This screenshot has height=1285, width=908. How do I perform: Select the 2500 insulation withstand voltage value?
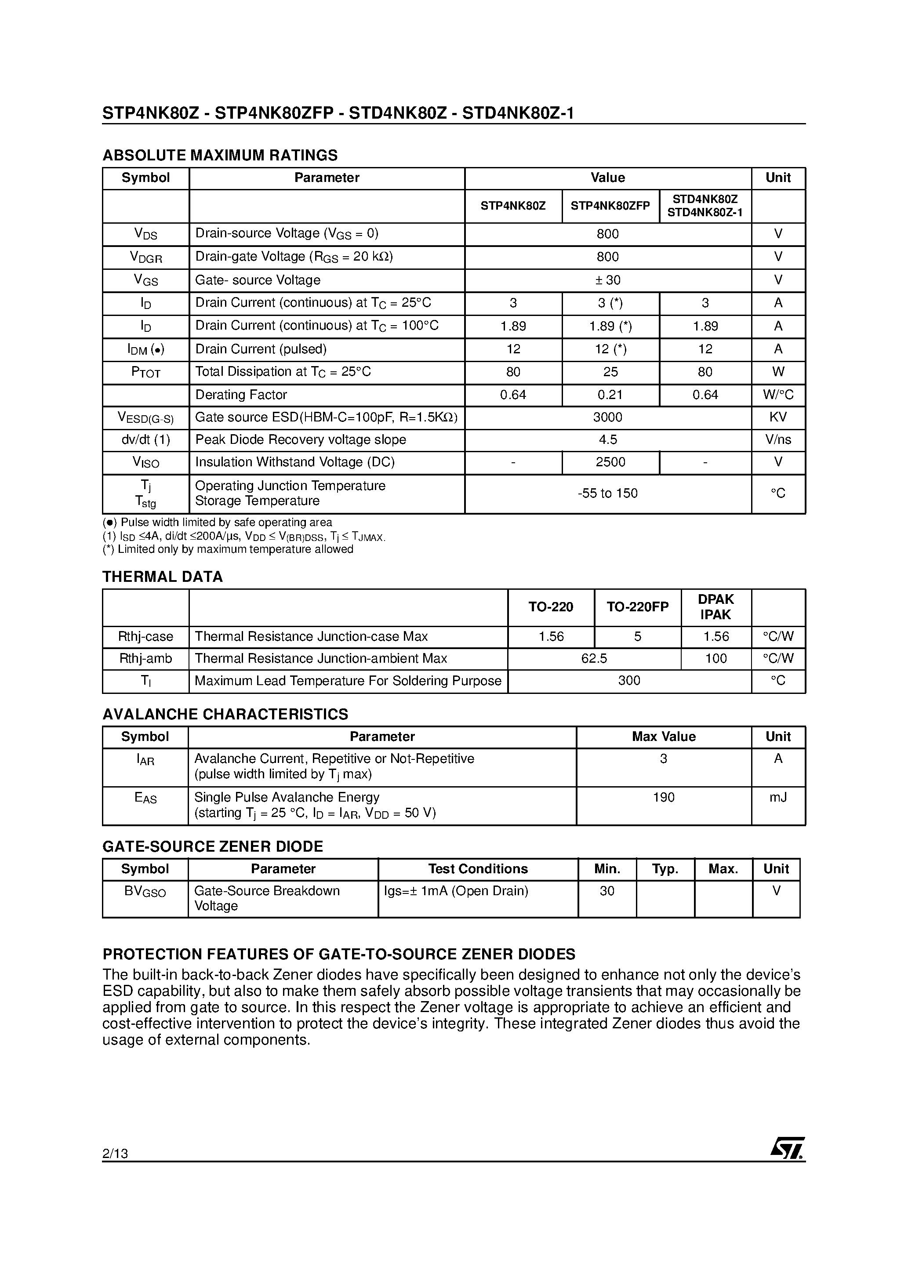coord(610,462)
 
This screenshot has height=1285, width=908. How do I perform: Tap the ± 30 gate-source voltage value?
coord(607,280)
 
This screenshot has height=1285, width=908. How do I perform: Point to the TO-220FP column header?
coord(637,607)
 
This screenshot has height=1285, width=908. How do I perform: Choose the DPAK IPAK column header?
coord(716,607)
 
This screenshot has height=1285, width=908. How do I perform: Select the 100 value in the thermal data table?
coord(716,659)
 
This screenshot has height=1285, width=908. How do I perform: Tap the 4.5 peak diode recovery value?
coord(607,440)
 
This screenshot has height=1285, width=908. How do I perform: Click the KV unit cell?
coord(777,417)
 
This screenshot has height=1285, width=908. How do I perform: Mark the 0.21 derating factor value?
coord(610,395)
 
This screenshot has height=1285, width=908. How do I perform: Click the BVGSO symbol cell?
coord(145,892)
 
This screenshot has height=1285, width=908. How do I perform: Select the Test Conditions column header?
coord(477,869)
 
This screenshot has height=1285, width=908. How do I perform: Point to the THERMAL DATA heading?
coord(162,577)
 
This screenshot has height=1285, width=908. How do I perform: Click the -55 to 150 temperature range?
coord(607,494)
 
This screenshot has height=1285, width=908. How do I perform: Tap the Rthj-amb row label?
coord(145,659)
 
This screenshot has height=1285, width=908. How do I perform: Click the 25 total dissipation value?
coord(610,372)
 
